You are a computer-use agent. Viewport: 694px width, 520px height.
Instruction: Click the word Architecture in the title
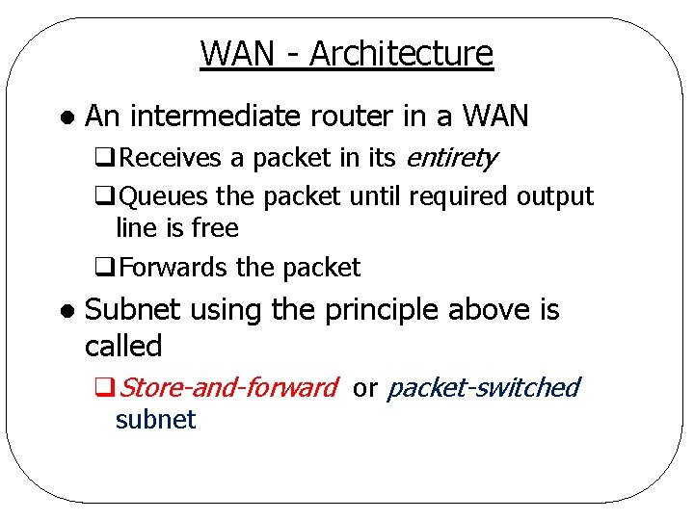(401, 54)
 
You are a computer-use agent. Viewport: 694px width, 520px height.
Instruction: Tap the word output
(555, 196)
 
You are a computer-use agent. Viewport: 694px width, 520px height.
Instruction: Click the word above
(492, 310)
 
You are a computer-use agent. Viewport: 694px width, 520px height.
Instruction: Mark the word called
(123, 345)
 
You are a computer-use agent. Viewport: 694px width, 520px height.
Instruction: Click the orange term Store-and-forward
(228, 388)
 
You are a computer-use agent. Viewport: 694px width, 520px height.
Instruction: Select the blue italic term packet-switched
(483, 388)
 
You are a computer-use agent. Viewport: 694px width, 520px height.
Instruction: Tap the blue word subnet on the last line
(155, 420)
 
